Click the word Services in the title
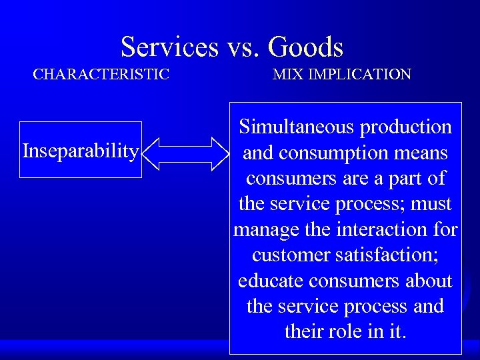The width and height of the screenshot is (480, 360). coord(169,47)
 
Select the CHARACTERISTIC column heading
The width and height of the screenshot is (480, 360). coord(101,74)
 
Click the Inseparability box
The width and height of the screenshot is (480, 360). coord(81,151)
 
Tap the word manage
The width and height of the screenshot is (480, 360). coord(261,230)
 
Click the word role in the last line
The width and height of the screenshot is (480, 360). coord(343,332)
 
